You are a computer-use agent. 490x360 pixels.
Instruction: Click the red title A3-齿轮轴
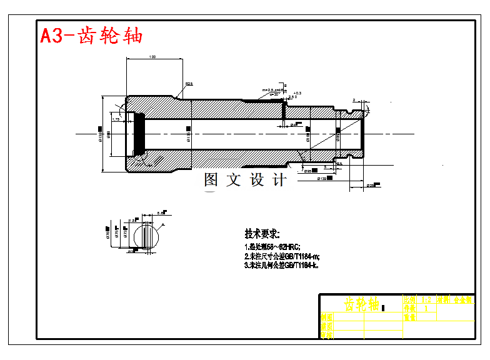[x=91, y=36]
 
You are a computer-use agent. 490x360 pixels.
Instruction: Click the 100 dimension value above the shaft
[x=152, y=57]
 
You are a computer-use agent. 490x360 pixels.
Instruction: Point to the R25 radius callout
[x=189, y=84]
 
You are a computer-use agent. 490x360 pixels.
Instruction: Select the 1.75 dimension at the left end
[x=116, y=119]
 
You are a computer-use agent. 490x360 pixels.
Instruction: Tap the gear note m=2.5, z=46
[x=273, y=91]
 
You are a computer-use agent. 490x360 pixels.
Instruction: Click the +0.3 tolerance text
[x=297, y=93]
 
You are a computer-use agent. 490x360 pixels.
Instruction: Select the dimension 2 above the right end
[x=354, y=99]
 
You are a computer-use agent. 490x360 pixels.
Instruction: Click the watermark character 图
[x=211, y=180]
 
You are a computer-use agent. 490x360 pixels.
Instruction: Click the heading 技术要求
[x=262, y=234]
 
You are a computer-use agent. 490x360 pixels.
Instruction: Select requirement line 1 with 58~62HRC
[x=273, y=247]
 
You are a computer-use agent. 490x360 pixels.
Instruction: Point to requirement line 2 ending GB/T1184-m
[x=282, y=256]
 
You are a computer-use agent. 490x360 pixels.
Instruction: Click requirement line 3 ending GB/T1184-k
[x=282, y=265]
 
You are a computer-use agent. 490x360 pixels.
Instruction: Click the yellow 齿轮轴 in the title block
[x=362, y=304]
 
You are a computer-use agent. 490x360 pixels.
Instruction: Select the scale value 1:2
[x=426, y=300]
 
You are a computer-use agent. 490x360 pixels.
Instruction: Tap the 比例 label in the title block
[x=410, y=300]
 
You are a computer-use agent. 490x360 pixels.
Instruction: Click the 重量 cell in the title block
[x=410, y=317]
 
